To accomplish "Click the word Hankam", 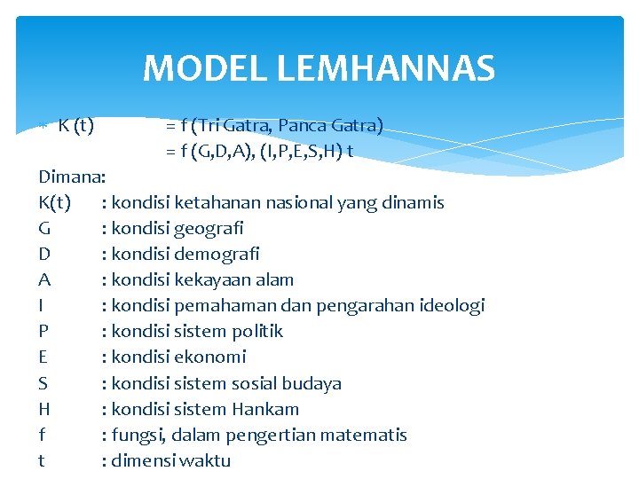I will pos(265,409).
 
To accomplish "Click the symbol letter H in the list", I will pos(44,409).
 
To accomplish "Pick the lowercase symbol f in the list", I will pos(42,435).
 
